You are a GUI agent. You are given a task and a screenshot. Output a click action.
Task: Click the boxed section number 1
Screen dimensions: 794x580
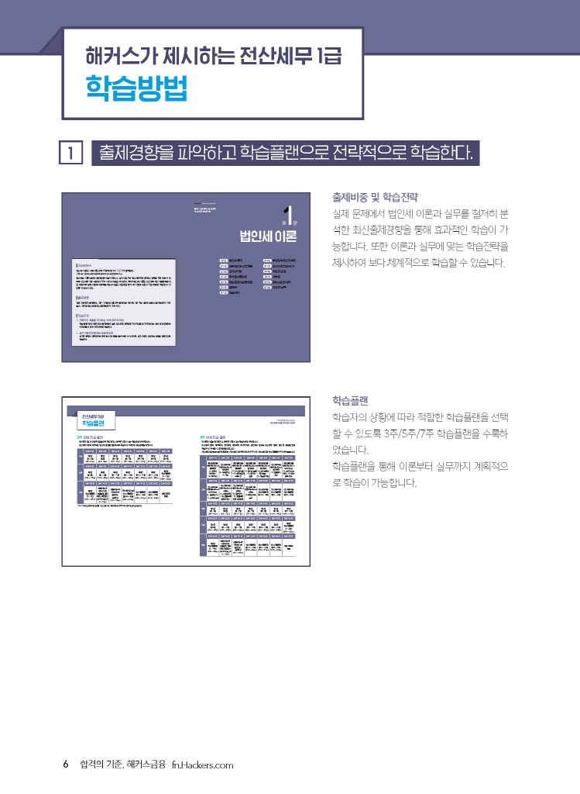(70, 154)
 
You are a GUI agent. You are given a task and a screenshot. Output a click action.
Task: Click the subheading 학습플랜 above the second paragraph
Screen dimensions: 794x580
(350, 400)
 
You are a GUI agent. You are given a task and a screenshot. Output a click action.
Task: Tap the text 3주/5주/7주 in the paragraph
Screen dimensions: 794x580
(413, 433)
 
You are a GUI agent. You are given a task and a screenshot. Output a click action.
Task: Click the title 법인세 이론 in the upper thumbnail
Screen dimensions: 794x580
(268, 235)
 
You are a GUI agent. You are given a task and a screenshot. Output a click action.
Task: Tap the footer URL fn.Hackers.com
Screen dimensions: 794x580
(202, 765)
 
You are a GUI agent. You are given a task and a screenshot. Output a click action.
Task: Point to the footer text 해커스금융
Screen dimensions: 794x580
(146, 765)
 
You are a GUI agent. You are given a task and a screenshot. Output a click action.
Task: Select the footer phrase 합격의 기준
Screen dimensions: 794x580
(100, 765)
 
